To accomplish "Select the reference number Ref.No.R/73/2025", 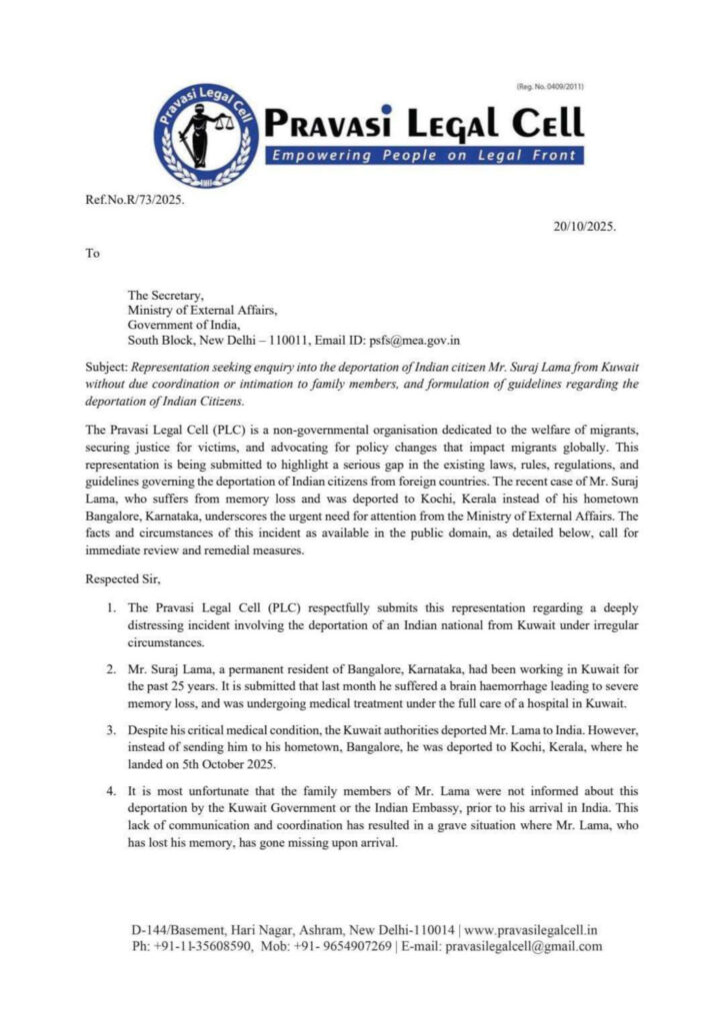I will coord(136,200).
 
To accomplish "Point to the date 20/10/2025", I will coord(585,226).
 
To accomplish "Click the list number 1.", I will coord(111,607).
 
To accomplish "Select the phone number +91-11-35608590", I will coord(203,946).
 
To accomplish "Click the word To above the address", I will coord(93,253).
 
